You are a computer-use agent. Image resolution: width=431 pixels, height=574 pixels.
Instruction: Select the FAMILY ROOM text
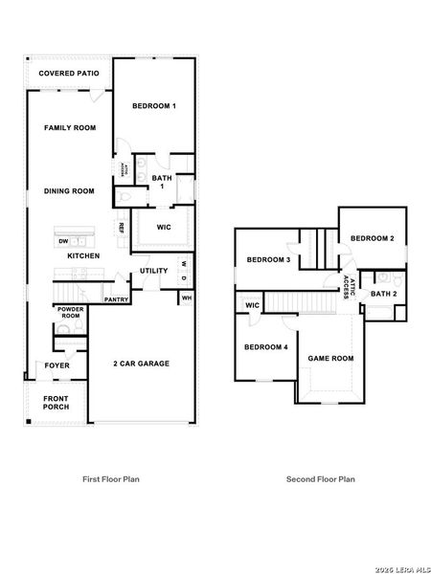click(x=70, y=127)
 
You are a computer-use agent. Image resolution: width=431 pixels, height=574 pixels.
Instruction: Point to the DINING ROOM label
click(x=69, y=191)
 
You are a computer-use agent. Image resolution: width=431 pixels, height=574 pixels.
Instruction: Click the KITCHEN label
click(x=83, y=255)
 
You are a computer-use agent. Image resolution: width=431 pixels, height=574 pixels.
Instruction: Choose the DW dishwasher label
click(x=63, y=242)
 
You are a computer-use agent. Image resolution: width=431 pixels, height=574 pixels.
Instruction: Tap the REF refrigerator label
click(x=122, y=228)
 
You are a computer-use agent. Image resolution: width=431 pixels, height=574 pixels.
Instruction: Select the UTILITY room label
click(x=154, y=271)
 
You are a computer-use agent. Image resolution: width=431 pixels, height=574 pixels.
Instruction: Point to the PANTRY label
click(x=117, y=299)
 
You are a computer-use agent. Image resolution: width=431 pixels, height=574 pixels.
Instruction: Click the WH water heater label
click(x=186, y=298)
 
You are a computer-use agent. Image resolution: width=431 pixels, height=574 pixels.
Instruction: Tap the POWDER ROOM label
click(x=70, y=312)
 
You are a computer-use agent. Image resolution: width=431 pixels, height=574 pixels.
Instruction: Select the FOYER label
click(x=57, y=365)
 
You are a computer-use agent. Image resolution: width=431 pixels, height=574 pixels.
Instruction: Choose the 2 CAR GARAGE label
click(x=141, y=364)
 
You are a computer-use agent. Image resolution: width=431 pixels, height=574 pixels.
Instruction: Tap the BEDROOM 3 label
click(x=268, y=260)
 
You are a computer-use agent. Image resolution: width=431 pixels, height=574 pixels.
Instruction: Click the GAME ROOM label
click(x=330, y=359)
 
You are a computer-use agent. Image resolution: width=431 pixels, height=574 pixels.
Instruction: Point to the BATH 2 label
click(x=384, y=294)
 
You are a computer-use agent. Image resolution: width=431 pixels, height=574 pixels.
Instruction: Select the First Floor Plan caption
click(x=112, y=477)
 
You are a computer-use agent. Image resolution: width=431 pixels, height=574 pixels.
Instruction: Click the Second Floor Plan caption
click(x=320, y=477)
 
